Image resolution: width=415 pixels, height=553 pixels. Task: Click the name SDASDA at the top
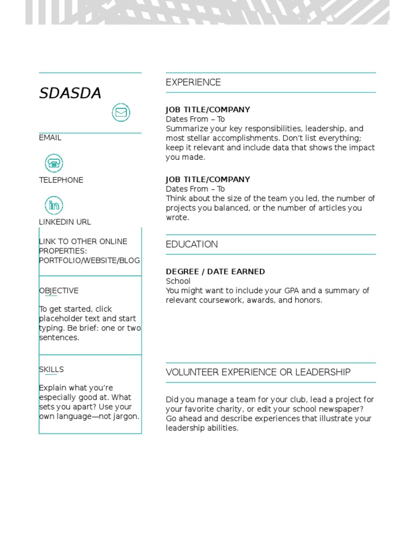coord(70,93)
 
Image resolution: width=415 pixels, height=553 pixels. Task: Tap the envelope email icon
coord(121,112)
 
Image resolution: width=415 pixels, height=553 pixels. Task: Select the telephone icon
coord(53,163)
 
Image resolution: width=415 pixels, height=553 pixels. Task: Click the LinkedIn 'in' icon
coord(53,205)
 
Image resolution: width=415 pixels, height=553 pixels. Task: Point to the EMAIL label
coord(50,138)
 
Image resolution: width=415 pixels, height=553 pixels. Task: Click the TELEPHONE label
coord(61,180)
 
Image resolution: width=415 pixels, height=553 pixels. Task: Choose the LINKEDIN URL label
coord(65,222)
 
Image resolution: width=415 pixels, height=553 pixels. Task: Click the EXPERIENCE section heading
coord(193,82)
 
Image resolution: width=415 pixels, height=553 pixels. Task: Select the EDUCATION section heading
coord(192,244)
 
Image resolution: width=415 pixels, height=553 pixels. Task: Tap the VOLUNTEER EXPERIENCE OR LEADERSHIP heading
coord(258,372)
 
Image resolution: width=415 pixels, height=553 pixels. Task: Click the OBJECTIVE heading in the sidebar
coord(59,291)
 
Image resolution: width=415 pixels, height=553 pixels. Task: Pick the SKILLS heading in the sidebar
coord(51,369)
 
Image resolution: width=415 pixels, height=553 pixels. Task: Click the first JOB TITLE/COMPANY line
coord(207,110)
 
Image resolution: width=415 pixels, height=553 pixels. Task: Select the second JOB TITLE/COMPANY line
coord(207,179)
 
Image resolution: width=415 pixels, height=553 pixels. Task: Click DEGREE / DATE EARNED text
coord(215,272)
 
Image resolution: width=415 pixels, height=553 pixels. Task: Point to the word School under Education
coord(178,281)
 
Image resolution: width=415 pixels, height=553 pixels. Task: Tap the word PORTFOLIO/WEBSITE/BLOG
coord(89,260)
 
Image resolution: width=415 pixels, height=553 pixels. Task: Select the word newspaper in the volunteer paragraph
coord(343,409)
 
